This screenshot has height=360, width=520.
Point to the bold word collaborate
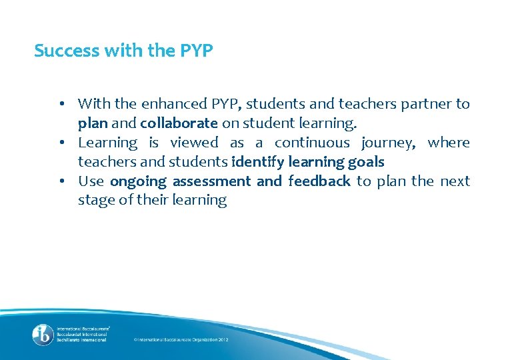[179, 123]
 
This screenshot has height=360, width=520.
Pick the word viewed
[194, 143]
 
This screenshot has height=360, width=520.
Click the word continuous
[312, 143]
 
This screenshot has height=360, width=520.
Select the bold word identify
[258, 162]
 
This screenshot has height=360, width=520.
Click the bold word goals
[365, 162]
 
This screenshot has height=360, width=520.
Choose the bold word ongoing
[138, 181]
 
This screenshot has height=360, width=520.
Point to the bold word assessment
[211, 181]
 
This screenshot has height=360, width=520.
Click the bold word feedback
[319, 181]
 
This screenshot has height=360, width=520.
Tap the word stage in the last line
[95, 201]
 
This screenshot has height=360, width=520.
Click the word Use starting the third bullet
[91, 181]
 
